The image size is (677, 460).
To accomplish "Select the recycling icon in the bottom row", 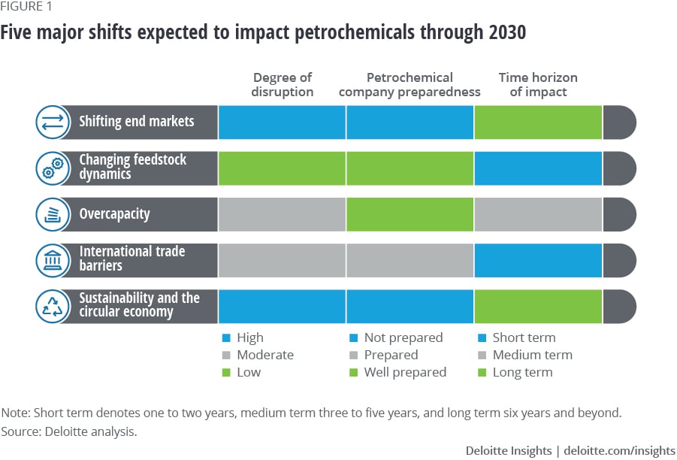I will click(x=53, y=306).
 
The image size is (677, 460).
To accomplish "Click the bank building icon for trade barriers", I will click(x=53, y=260).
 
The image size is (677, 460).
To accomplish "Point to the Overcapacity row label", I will click(x=114, y=214).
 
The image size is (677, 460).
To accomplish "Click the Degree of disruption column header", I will click(x=283, y=85).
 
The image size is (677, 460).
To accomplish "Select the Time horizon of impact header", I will click(x=538, y=85).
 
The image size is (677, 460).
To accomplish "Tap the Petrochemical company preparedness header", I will click(x=410, y=85).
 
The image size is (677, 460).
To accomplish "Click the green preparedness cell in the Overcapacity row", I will click(x=410, y=214).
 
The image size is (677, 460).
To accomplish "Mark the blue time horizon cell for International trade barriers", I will click(x=538, y=260).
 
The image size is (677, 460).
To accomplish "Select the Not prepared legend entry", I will click(x=403, y=337).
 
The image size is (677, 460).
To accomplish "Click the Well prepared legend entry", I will click(x=404, y=372).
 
